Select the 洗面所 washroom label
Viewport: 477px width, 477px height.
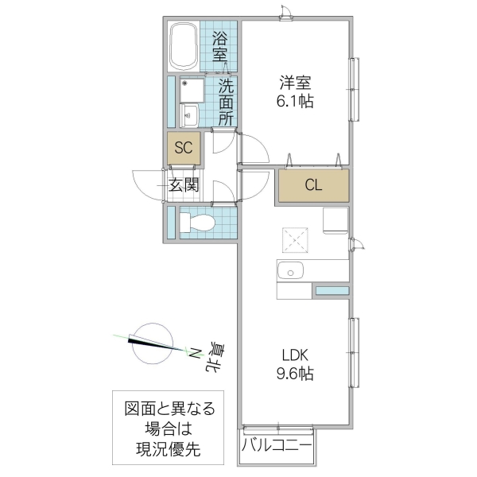226,102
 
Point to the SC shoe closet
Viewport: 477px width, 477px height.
184,148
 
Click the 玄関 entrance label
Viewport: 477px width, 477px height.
183,186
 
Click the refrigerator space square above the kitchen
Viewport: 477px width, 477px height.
335,221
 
